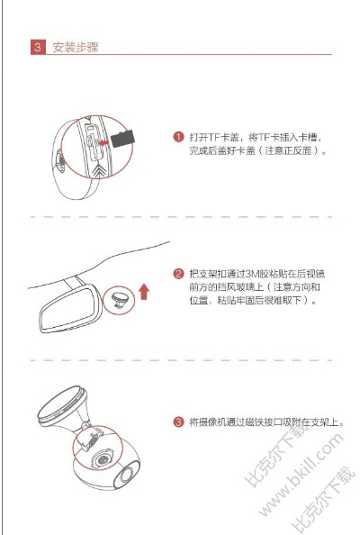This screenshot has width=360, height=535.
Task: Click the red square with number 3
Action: coord(38,47)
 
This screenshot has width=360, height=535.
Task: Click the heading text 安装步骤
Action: coord(76,47)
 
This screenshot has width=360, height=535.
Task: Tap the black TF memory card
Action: coord(122,138)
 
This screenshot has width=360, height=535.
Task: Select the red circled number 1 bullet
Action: coord(178,137)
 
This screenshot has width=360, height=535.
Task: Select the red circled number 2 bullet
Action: coord(178,274)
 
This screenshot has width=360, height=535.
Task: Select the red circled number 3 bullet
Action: coord(178,422)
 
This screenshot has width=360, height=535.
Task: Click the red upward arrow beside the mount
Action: coord(144,292)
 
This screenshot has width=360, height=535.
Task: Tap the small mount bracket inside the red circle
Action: coord(120,300)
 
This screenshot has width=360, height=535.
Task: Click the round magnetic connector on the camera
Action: coord(102,459)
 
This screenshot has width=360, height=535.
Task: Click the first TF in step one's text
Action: coord(214,137)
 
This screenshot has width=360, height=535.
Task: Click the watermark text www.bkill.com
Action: coord(301,475)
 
